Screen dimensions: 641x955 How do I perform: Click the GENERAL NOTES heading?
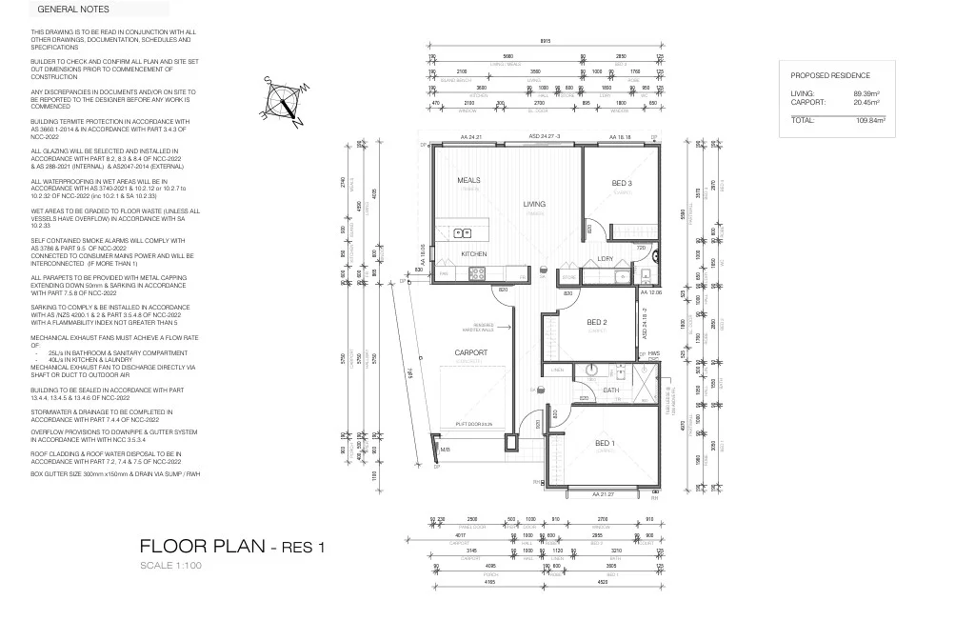pyautogui.click(x=73, y=10)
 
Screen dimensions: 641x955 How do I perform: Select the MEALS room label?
pyautogui.click(x=468, y=180)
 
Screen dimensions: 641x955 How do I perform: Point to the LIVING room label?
pyautogui.click(x=534, y=204)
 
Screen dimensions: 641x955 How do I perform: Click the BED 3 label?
pyautogui.click(x=623, y=183)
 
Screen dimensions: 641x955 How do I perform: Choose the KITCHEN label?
pyautogui.click(x=474, y=254)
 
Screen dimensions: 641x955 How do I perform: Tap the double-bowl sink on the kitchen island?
pyautogui.click(x=464, y=231)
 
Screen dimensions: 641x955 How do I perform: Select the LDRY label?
pyautogui.click(x=606, y=258)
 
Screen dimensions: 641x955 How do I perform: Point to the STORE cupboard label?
pyautogui.click(x=569, y=278)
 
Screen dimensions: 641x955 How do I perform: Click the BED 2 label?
pyautogui.click(x=597, y=322)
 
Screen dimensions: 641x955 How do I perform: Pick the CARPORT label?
pyautogui.click(x=469, y=352)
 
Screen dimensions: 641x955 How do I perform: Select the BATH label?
pyautogui.click(x=610, y=390)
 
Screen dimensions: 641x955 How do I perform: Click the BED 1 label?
pyautogui.click(x=606, y=443)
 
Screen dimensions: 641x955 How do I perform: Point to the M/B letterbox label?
pyautogui.click(x=445, y=450)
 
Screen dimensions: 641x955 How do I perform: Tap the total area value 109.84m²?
pyautogui.click(x=870, y=121)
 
